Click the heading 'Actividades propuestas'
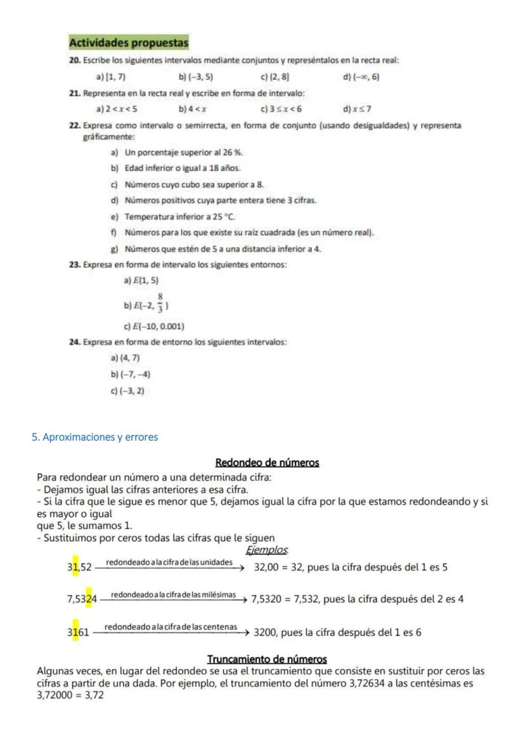point(128,43)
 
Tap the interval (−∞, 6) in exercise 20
point(366,77)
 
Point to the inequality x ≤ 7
point(363,109)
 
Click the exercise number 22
point(74,125)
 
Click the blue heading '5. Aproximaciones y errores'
point(94,437)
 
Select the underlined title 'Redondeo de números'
point(267,463)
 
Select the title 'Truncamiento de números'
point(267,660)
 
